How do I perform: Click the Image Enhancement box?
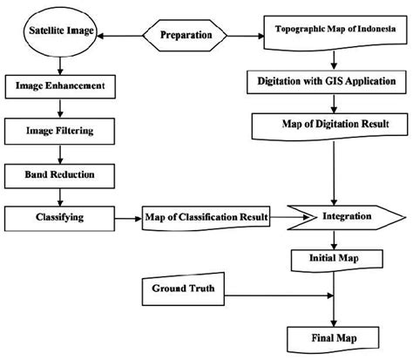pyautogui.click(x=61, y=86)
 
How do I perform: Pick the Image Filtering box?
pyautogui.click(x=61, y=131)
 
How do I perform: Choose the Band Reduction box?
pyautogui.click(x=61, y=174)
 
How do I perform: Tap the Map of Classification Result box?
pyautogui.click(x=206, y=215)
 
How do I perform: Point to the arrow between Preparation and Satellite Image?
pyautogui.click(x=125, y=37)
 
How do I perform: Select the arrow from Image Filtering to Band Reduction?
pyautogui.click(x=59, y=153)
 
